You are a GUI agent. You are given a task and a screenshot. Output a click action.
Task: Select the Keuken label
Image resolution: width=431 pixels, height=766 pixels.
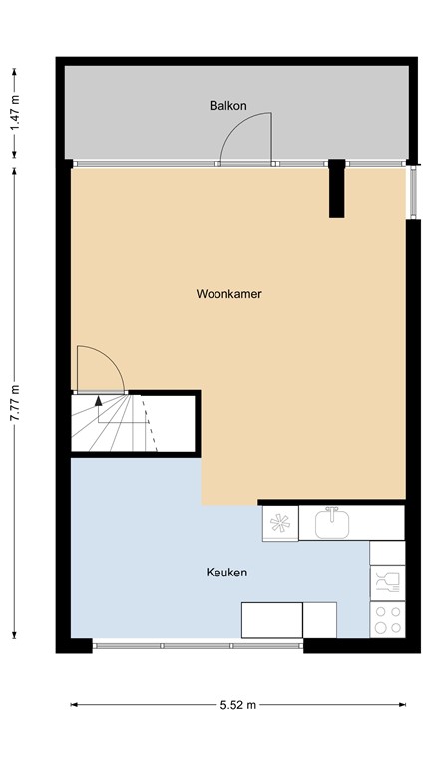pos(226,573)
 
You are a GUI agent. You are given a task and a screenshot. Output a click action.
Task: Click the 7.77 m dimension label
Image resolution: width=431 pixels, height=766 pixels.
pos(14,403)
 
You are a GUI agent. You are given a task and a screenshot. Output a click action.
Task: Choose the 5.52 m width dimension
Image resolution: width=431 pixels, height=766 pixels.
pos(237,705)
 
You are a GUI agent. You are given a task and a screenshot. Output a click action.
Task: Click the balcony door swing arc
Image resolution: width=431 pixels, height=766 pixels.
pos(243,135)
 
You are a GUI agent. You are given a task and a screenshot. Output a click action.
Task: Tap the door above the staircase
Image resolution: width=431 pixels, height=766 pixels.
pos(101,368)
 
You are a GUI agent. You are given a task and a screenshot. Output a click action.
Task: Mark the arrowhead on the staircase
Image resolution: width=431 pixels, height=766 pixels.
pos(98,401)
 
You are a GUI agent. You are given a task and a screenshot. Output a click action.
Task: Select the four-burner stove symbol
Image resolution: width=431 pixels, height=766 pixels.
pos(387,619)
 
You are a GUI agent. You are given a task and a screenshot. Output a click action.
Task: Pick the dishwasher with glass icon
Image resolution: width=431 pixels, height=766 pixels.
pos(387,580)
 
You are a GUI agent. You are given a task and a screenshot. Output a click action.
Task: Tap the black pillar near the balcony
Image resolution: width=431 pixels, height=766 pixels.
pos(337,188)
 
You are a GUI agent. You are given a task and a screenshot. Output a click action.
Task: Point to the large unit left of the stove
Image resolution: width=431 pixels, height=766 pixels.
pos(271,620)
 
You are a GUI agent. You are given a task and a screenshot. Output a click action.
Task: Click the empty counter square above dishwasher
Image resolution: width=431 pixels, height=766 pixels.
pos(387,551)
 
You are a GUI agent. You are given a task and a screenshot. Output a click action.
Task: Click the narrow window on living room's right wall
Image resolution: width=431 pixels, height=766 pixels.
pos(409,191)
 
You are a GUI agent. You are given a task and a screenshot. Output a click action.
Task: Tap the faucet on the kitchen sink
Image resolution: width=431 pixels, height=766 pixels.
pos(331,511)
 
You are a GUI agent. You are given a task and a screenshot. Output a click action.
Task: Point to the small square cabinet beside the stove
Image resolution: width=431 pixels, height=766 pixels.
pos(319,620)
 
